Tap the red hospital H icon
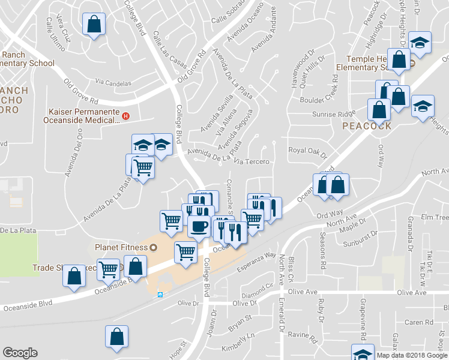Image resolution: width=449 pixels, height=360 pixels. click(125, 116)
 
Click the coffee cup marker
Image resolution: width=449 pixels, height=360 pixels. click(199, 226)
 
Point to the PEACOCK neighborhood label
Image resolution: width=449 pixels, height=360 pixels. click(367, 126)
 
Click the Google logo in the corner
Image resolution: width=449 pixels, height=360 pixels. click(20, 353)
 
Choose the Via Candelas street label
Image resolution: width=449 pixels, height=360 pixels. click(113, 81)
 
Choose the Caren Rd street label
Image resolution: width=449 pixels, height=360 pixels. click(419, 322)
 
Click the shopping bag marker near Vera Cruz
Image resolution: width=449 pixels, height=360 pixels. click(94, 25)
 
